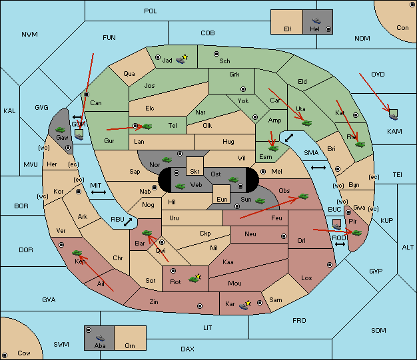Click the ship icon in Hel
point(316,21)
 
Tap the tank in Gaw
point(61,130)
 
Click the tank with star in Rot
point(195,278)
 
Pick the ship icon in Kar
point(245,305)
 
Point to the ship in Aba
point(101,338)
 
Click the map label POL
point(151,11)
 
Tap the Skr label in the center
point(195,172)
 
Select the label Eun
point(222,199)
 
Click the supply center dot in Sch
point(216,54)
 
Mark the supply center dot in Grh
point(243,89)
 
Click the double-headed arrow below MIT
point(99,192)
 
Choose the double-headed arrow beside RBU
point(128,222)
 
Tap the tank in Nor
point(167,160)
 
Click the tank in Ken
point(77,252)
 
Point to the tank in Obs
point(304,196)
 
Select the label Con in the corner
point(402,28)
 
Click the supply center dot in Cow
point(5,355)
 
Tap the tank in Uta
point(306,123)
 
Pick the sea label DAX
point(187,349)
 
